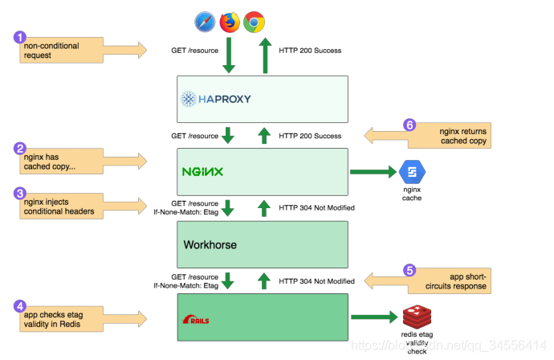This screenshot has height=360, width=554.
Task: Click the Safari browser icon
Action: [x=203, y=22]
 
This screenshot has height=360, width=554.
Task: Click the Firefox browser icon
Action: [x=229, y=22]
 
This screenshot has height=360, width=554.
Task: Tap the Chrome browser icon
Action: [x=255, y=22]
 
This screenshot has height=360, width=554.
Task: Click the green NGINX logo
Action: [x=202, y=172]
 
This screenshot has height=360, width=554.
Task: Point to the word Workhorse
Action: [x=211, y=245]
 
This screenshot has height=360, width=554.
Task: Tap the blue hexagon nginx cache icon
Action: [x=412, y=172]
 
